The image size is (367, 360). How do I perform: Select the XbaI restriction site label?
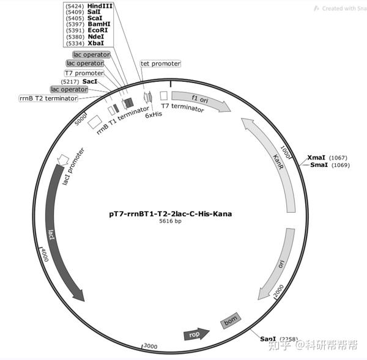coord(95,44)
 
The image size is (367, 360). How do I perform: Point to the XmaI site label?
coord(317,157)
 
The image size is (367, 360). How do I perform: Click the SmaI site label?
coord(318,165)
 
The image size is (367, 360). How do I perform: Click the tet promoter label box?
coord(160,63)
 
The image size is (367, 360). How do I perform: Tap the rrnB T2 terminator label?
coord(48,98)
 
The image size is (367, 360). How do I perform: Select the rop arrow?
coord(196,334)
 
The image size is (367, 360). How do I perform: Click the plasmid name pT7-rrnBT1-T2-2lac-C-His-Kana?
coord(171,215)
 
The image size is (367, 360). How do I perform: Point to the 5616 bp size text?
coord(171,222)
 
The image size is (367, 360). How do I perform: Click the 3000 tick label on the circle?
coord(150,346)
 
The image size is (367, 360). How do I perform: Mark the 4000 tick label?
coord(43,256)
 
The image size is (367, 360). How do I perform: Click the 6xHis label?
coord(153,114)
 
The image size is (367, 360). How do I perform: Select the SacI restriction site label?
coord(89,81)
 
